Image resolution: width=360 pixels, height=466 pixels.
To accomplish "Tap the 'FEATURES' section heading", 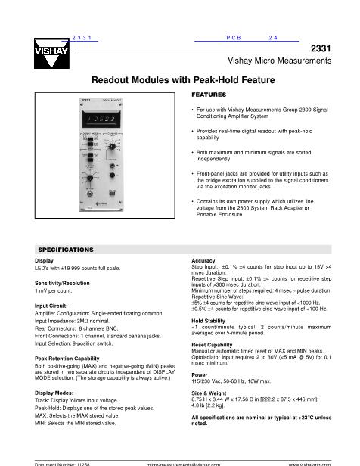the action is pyautogui.click(x=209, y=94).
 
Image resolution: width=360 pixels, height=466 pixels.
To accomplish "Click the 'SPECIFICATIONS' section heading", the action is pyautogui.click(x=66, y=249).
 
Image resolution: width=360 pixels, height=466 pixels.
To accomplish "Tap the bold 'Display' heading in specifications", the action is pyautogui.click(x=45, y=260).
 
